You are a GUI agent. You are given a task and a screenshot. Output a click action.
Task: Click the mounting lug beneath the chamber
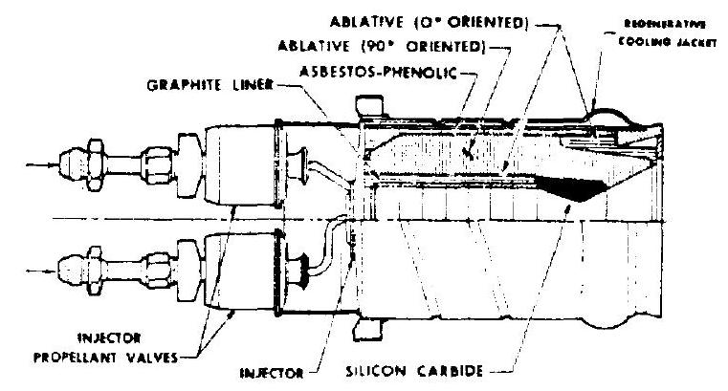click(x=364, y=327)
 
